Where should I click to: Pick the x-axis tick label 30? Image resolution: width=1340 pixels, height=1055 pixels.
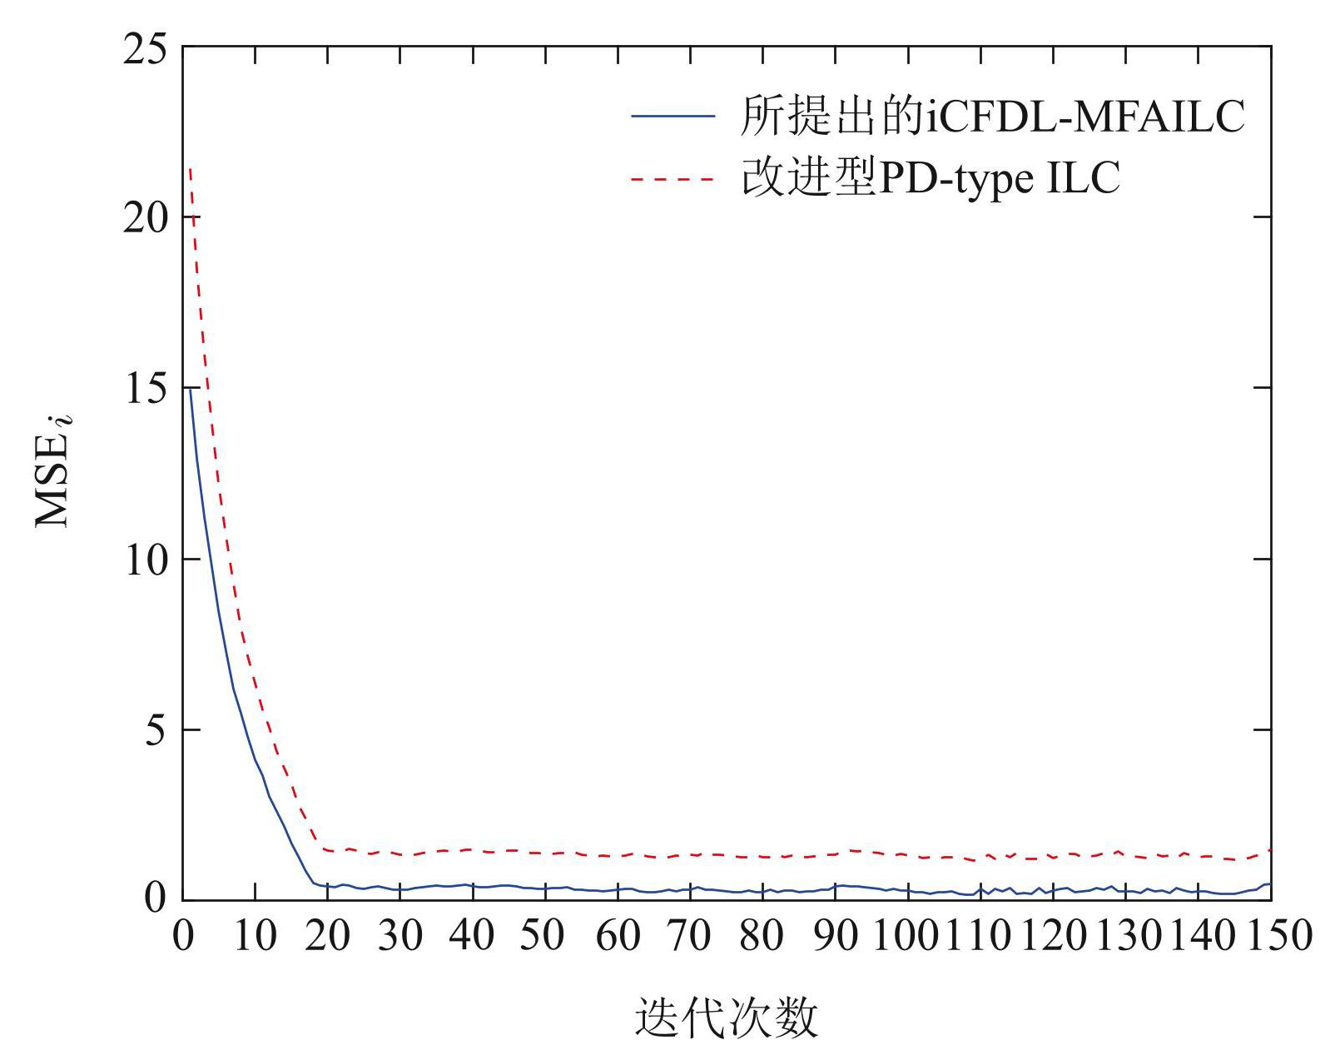[400, 936]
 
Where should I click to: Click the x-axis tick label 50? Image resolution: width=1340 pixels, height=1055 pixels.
[544, 936]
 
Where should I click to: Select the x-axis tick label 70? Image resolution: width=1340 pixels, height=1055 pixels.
[690, 936]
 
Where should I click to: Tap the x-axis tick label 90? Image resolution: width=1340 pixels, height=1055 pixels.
[835, 936]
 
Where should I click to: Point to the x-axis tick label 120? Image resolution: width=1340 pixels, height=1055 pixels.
[1053, 936]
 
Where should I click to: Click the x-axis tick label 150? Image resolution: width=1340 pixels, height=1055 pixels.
[1271, 936]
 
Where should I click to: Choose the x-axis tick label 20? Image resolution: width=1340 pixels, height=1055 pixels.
[327, 936]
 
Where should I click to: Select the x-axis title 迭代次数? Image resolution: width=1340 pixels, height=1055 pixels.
[727, 1017]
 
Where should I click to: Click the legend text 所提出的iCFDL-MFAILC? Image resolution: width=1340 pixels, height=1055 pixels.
[992, 116]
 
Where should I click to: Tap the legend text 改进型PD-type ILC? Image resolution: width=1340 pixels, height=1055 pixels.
[930, 178]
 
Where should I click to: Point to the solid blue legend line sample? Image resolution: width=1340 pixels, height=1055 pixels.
[672, 116]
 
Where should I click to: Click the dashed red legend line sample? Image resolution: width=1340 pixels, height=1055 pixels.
[672, 178]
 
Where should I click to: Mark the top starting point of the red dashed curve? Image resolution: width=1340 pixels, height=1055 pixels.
[191, 169]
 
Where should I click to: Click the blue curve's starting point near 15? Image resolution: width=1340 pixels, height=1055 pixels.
[191, 388]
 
